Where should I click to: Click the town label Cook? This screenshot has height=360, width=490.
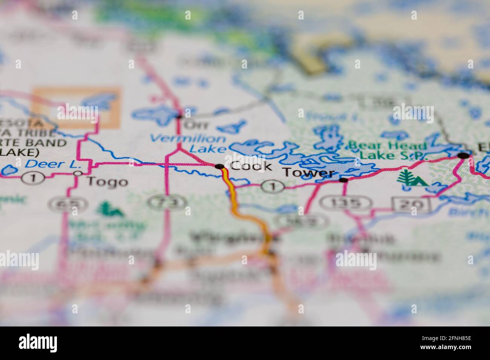point(251,166)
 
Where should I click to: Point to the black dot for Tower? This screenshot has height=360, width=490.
point(343,180)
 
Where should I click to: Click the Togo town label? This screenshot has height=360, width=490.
point(107,182)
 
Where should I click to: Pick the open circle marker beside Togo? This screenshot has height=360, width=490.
point(78,174)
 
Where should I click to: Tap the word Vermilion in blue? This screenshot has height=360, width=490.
point(188,139)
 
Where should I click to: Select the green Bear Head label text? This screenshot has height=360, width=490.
point(387,145)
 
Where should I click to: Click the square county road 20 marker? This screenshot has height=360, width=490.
point(412,204)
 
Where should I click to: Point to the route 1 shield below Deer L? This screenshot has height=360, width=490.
point(33,178)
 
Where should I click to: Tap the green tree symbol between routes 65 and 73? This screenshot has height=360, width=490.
point(109,210)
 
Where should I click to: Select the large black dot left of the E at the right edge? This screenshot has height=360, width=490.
point(464,155)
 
